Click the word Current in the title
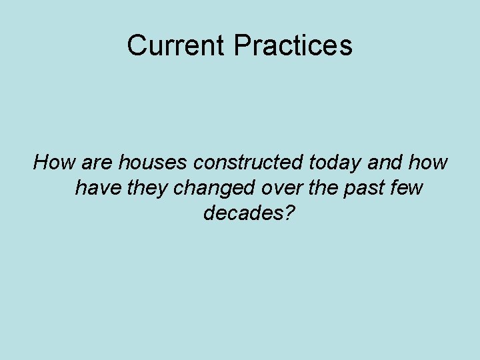177,45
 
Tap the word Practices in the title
293,45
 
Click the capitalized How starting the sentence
55,162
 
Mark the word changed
214,188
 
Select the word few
408,188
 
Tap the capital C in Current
136,45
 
